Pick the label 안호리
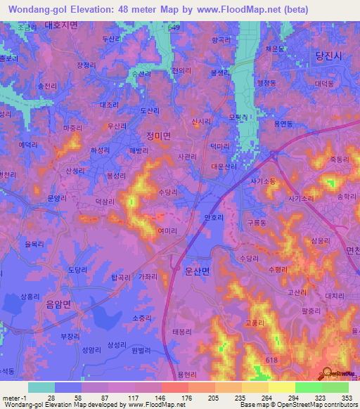(213, 218)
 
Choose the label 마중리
(72, 129)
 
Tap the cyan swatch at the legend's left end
(41, 387)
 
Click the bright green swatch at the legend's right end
(335, 387)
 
